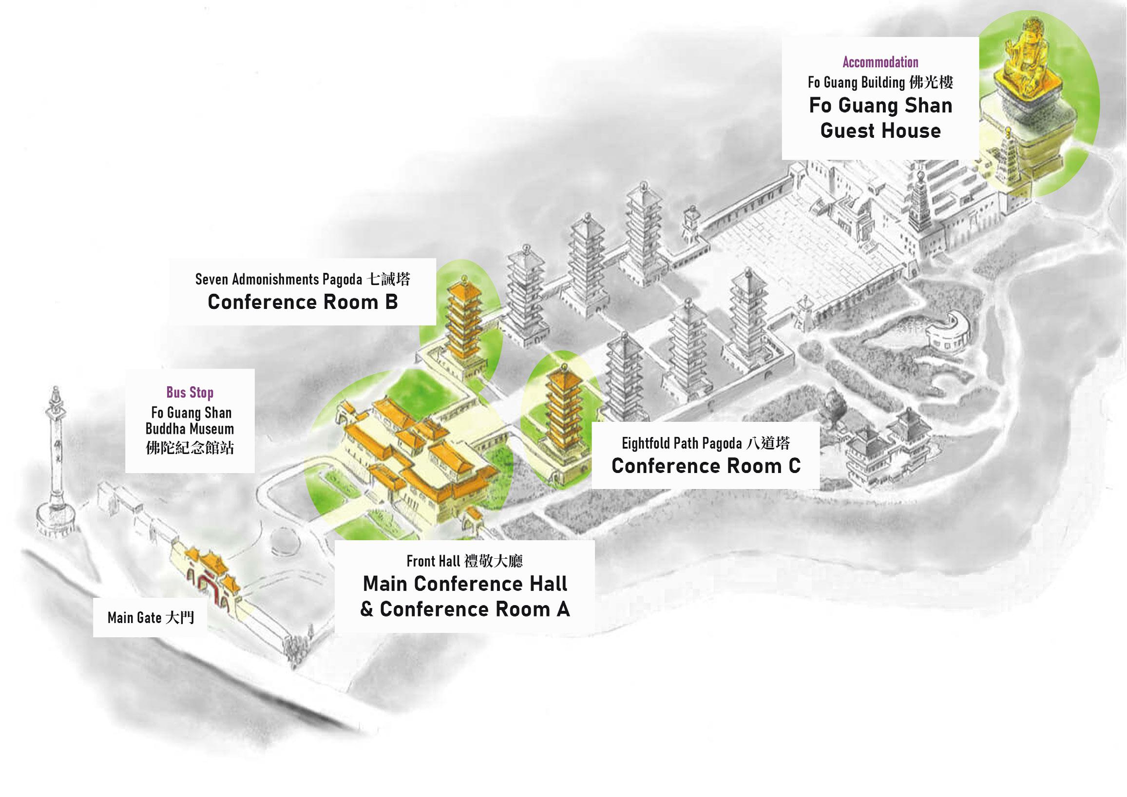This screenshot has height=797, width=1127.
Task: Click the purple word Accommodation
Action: [880, 62]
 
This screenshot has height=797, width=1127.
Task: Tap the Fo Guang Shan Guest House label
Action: [880, 118]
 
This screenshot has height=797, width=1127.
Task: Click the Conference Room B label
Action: [303, 302]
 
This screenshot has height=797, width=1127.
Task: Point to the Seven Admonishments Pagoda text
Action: [279, 279]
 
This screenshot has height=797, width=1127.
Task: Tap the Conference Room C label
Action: [706, 466]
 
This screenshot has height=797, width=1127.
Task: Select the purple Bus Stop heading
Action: [190, 393]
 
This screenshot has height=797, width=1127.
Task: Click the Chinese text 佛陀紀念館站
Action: [190, 448]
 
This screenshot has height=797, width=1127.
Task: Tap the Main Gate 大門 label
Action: [151, 617]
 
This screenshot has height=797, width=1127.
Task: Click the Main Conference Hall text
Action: [465, 584]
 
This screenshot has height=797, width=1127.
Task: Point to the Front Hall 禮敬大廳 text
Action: [464, 561]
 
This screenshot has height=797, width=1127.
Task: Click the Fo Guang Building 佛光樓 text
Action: [880, 82]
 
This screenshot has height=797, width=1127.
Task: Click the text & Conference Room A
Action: [465, 609]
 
